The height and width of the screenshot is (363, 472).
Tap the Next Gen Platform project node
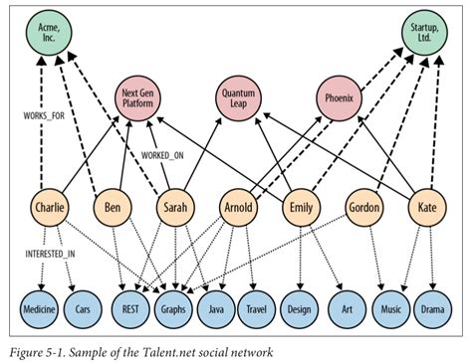click(141, 97)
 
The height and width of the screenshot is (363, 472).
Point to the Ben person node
click(113, 210)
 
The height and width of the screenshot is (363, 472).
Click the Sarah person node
click(177, 210)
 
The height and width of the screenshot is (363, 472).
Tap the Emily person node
click(299, 210)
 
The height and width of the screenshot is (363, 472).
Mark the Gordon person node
click(363, 210)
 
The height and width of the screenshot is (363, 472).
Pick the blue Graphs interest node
click(176, 310)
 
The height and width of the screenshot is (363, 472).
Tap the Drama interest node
click(430, 310)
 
